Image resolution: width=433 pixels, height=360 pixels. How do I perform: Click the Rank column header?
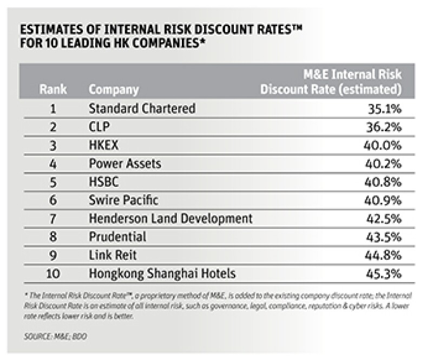53,89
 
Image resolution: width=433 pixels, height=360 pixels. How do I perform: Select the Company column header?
114,89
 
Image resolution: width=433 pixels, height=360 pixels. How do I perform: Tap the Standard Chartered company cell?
142,108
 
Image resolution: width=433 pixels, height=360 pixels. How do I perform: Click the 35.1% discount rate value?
383,109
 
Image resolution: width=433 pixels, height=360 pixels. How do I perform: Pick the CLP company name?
100,127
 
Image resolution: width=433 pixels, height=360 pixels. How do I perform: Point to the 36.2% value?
383,127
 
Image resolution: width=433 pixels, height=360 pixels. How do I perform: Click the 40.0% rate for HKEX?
382,145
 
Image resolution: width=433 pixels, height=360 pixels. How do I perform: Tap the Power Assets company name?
125,163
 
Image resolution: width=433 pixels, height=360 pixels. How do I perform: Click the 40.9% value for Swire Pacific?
382,200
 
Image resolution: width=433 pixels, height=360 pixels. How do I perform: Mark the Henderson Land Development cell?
170,219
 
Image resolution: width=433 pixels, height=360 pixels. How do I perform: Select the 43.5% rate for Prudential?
382,237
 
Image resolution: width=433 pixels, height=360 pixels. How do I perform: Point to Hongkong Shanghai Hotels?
162,274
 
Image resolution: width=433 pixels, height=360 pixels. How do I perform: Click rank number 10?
53,274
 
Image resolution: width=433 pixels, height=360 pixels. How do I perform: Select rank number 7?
53,219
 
